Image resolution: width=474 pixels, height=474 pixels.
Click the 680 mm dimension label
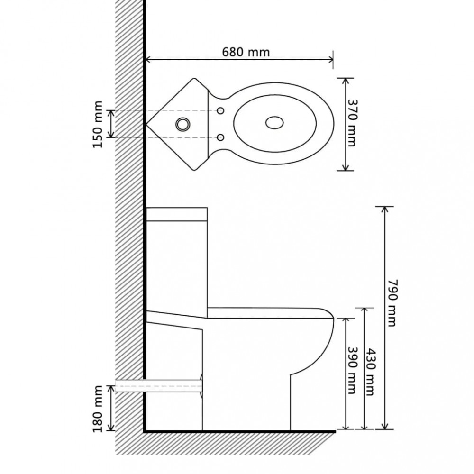tap(246, 52)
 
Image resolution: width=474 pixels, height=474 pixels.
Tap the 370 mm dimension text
tap(351, 123)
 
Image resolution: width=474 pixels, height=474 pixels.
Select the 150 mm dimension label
tap(98, 125)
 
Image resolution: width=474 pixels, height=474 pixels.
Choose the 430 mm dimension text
tap(371, 372)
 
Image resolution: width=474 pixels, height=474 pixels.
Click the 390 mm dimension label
tap(351, 370)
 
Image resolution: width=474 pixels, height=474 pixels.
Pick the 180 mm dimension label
tap(98, 409)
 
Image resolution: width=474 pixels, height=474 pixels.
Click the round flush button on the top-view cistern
tap(183, 124)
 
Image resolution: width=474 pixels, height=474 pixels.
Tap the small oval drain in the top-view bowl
tap(274, 123)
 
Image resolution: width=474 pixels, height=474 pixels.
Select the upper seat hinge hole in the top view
tap(221, 110)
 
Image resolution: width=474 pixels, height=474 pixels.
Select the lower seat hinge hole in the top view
tap(221, 137)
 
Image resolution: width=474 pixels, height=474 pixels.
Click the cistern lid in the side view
tap(177, 214)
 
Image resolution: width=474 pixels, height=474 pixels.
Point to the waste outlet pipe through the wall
tap(158, 386)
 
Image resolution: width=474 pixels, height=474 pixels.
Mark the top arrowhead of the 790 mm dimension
tap(384, 210)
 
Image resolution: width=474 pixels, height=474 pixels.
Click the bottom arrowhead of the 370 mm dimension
tap(346, 167)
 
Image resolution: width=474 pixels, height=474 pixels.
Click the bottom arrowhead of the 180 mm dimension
tap(112, 427)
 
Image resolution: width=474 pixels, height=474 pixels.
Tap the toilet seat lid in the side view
tap(270, 313)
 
